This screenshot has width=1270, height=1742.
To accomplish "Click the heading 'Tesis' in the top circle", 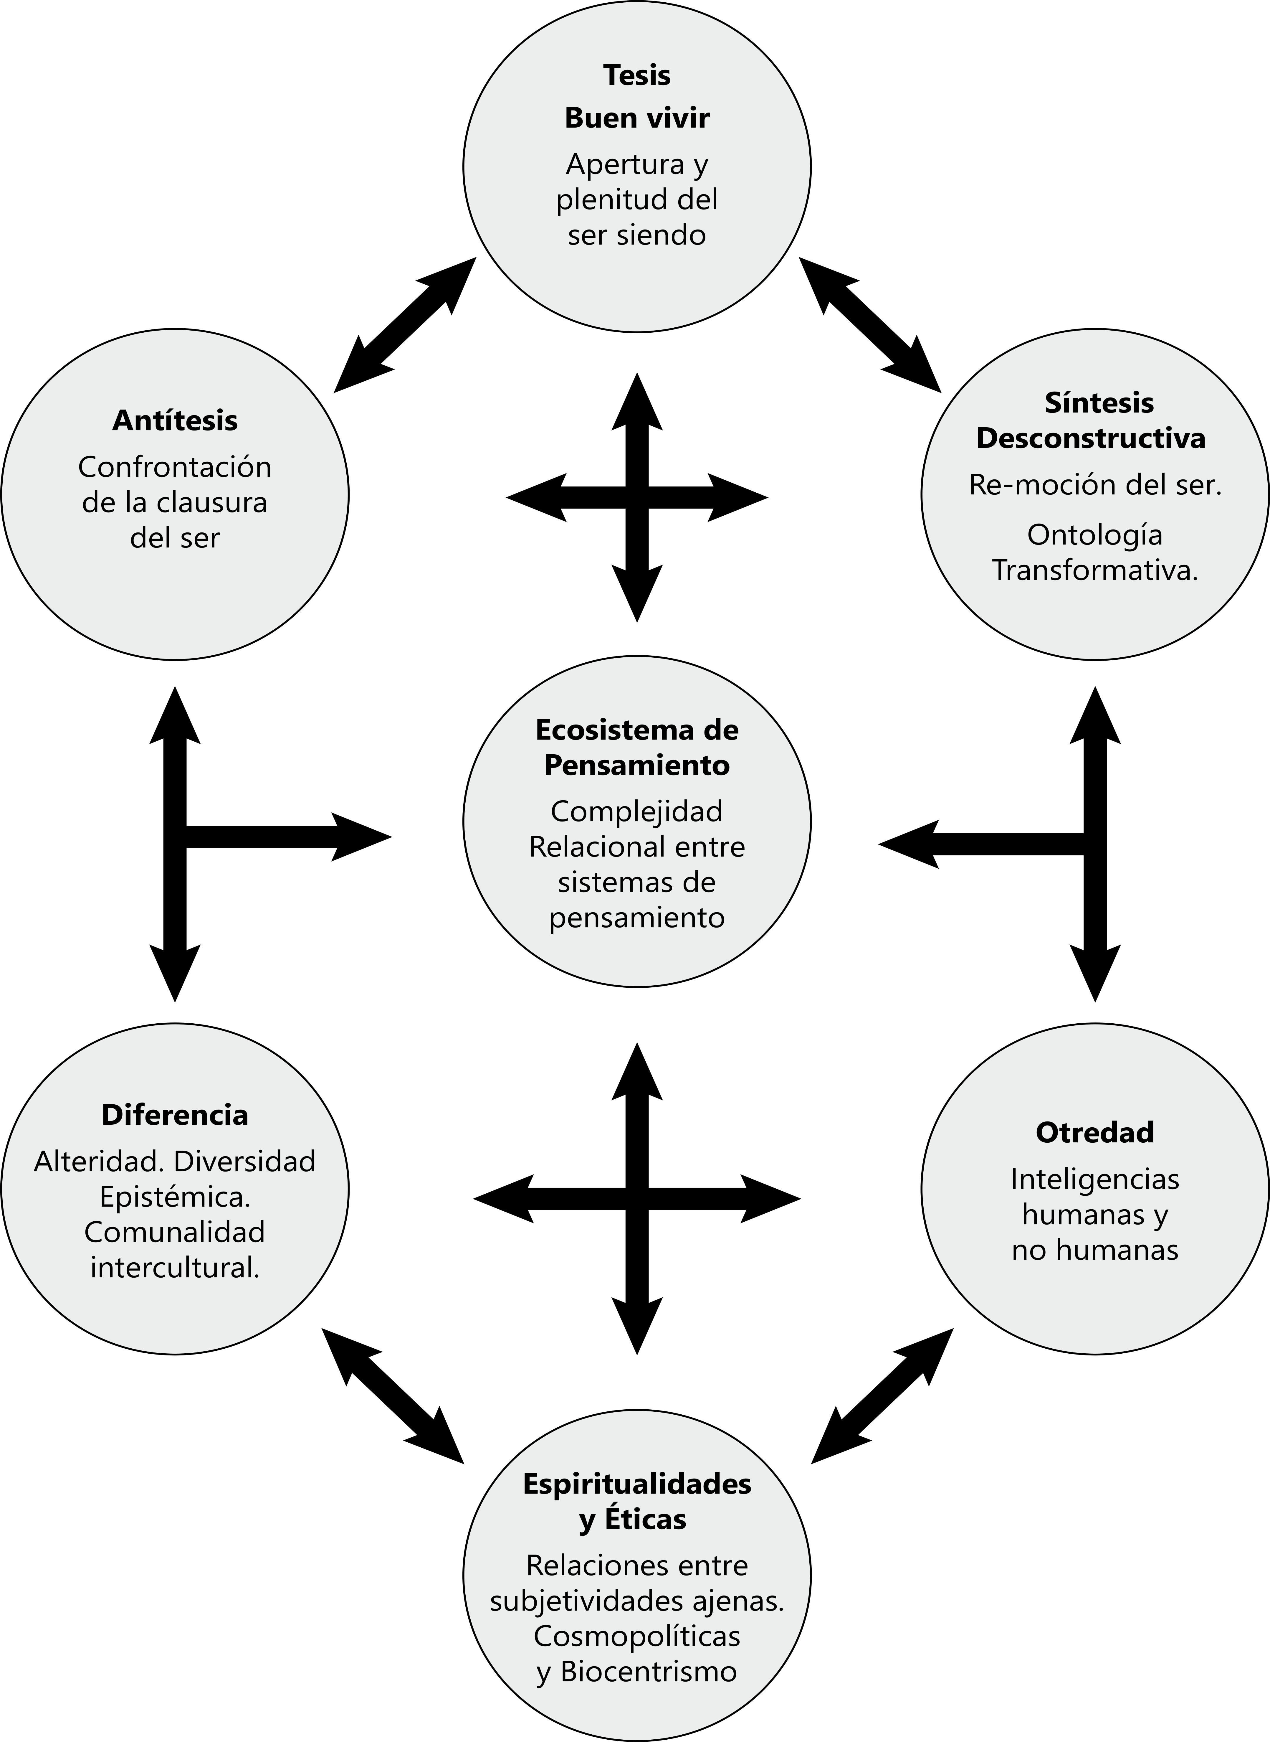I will point(636,75).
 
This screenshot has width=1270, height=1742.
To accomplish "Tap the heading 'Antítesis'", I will point(175,421).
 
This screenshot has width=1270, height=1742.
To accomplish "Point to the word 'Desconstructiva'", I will point(1091,438).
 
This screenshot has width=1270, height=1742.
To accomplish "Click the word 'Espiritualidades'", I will point(636,1484).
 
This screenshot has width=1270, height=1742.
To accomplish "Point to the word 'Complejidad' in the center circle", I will point(636,811).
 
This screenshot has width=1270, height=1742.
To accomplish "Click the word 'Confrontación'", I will point(175,467).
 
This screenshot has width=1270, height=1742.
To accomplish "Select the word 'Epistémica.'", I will point(175,1197).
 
